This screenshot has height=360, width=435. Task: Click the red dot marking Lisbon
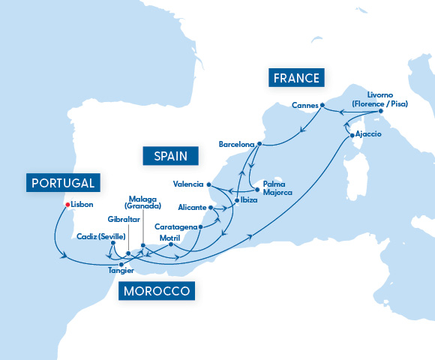(67, 204)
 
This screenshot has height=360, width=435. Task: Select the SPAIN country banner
(171, 155)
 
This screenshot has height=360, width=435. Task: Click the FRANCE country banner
(296, 78)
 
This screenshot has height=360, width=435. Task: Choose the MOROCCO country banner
(157, 291)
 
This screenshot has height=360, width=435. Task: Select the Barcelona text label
(236, 143)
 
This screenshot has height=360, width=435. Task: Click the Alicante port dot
(211, 207)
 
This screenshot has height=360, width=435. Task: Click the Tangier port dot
(121, 262)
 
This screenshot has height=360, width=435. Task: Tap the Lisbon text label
(82, 204)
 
